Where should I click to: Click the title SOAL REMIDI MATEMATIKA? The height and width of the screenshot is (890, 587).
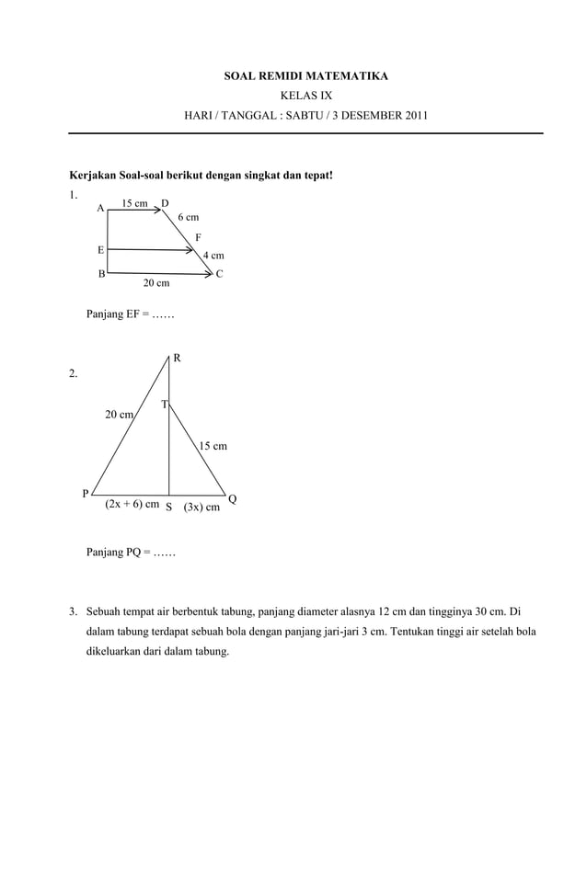coord(305,75)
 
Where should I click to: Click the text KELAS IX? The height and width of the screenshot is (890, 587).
coord(305,96)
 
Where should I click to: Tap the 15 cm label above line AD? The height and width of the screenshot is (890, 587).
coord(134,203)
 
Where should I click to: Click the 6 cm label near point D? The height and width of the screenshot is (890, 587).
coord(188,218)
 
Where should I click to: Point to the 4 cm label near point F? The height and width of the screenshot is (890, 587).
coord(213,256)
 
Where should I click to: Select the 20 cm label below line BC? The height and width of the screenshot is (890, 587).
coord(155,283)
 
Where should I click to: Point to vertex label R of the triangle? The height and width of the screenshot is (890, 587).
coord(177,358)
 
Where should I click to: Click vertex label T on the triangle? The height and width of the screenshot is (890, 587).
coord(164,405)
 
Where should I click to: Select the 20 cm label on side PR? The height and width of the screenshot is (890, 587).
coord(119,415)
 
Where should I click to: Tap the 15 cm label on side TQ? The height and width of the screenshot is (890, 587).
coord(213,446)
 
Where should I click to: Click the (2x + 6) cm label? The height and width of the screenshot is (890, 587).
coord(132,505)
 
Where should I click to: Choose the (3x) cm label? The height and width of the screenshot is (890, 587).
coord(201,507)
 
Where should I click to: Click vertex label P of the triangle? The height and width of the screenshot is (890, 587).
coord(86,494)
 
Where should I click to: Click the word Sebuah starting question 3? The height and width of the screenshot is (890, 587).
coord(107,611)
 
